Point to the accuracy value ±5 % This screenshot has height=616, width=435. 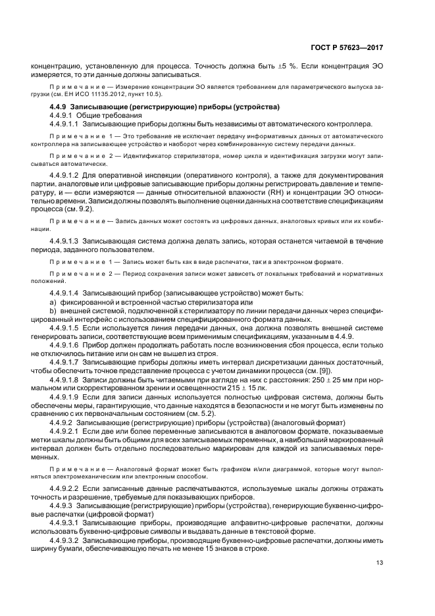coord(281,66)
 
